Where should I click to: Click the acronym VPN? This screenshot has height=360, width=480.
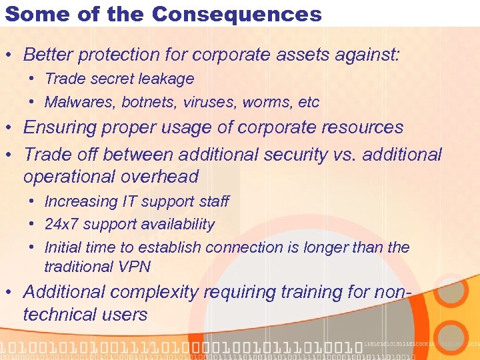pyautogui.click(x=135, y=267)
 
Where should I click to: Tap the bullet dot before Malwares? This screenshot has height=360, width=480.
pyautogui.click(x=32, y=102)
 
